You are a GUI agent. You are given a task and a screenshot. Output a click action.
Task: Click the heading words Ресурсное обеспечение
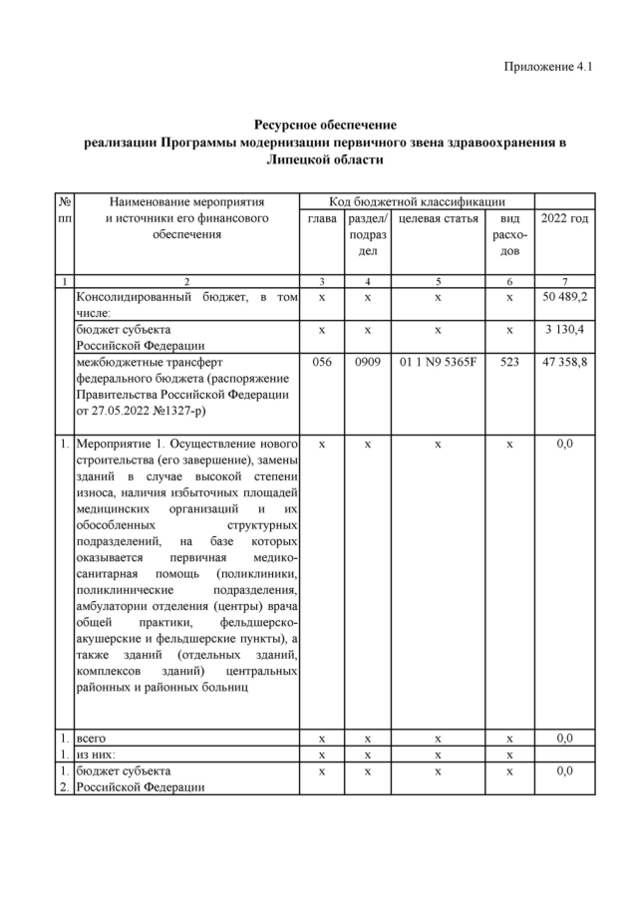pyautogui.click(x=325, y=126)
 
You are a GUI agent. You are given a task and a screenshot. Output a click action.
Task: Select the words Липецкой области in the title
pyautogui.click(x=325, y=159)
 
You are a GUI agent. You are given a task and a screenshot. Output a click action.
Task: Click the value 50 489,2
pyautogui.click(x=564, y=298)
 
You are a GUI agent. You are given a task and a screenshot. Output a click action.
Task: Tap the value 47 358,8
pyautogui.click(x=564, y=363)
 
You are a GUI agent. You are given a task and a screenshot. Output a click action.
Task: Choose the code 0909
pyautogui.click(x=368, y=363)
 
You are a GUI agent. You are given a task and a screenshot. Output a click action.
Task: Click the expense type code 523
pyautogui.click(x=509, y=363)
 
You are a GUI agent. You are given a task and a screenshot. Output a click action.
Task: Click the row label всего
pyautogui.click(x=92, y=739)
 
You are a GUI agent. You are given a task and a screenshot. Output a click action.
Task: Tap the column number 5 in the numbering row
pyautogui.click(x=439, y=282)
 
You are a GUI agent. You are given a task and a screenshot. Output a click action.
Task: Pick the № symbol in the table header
pyautogui.click(x=65, y=201)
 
